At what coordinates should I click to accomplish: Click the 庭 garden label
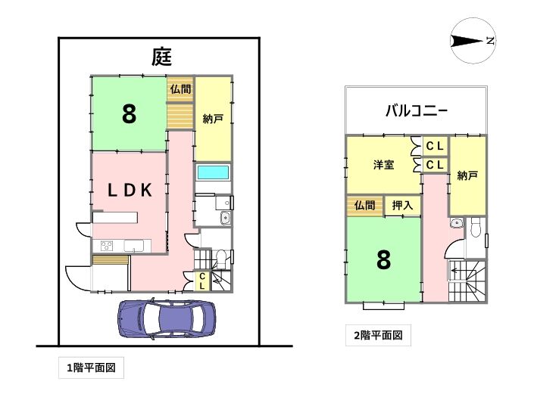pos(162,57)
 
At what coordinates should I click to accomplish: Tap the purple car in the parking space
pos(167,319)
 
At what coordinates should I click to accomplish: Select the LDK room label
pos(130,191)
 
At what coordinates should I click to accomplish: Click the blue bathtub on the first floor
pos(213,172)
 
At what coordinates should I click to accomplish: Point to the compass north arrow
pos(467,41)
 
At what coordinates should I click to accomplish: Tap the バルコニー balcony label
pos(416,111)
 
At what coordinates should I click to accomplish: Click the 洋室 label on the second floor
pos(384,165)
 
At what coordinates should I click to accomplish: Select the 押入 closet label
pos(402,205)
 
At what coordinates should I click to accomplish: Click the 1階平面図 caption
pos(91,368)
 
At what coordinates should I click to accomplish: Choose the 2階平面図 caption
pos(379,336)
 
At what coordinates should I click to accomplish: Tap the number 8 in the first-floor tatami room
pos(129,114)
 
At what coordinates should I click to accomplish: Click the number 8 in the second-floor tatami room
pos(384,260)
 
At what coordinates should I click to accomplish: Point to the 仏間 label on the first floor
pos(180,89)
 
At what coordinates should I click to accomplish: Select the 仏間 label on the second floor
pos(365,205)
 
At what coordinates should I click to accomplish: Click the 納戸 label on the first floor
pos(213,119)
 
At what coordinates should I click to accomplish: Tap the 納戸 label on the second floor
pos(467,175)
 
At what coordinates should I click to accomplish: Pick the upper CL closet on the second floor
pos(435,146)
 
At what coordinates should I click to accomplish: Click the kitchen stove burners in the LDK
pos(107,246)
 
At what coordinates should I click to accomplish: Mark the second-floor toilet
pos(475,226)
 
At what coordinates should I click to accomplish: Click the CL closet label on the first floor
pos(202,281)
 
